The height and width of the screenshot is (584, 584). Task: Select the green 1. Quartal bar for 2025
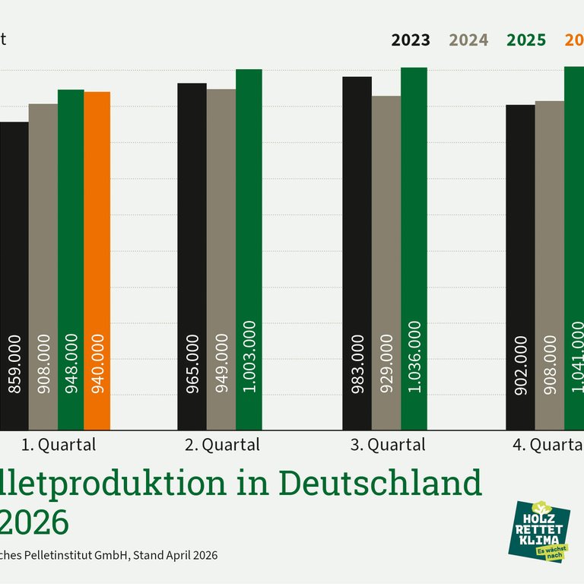[71, 259]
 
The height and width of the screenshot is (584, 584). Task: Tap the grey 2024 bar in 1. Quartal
[43, 266]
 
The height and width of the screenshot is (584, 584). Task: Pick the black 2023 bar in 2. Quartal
[192, 256]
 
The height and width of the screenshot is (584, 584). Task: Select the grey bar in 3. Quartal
[386, 262]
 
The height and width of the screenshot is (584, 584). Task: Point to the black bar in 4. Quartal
[520, 267]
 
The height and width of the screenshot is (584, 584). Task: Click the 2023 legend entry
[411, 40]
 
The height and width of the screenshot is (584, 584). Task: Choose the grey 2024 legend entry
[469, 40]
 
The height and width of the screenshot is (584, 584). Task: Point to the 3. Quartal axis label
[388, 445]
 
